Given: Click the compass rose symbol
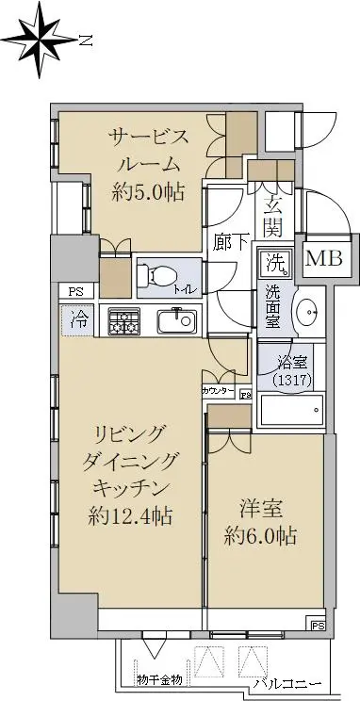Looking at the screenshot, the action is (40, 40).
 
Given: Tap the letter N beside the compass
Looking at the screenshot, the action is (86, 41).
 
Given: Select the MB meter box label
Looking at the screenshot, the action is (324, 258).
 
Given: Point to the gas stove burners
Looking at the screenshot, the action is (123, 321).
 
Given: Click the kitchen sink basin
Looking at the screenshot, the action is (177, 321).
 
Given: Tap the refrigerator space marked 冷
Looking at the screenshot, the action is (78, 321).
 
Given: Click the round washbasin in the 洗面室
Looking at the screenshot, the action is (306, 311).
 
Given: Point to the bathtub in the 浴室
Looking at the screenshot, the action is (291, 410).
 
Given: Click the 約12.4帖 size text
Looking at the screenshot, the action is (130, 517).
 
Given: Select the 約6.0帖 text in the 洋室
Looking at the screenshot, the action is (260, 535).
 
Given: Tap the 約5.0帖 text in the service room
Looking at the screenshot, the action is (148, 192).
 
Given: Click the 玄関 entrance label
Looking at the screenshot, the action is (273, 217).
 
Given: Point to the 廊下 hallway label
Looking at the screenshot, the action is (231, 241).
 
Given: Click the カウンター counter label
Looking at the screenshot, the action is (219, 391).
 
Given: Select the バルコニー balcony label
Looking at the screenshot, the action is (288, 683).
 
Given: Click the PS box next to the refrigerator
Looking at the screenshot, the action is (76, 292).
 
